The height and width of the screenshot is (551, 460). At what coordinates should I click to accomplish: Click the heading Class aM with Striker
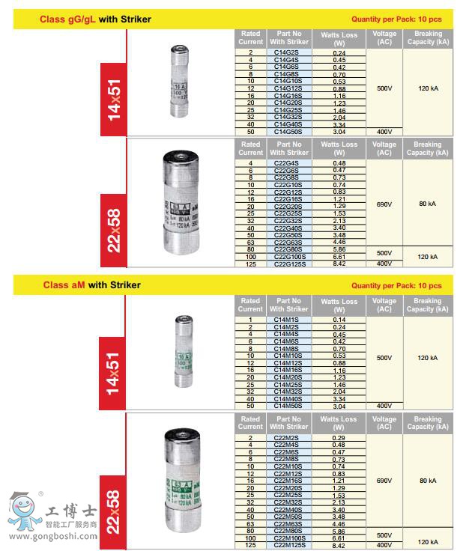point(91,285)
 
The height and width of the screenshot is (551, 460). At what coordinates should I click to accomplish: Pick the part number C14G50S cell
point(288,131)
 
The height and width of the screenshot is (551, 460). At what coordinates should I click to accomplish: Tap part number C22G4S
point(288,163)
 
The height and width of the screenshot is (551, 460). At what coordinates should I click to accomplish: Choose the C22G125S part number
point(288,264)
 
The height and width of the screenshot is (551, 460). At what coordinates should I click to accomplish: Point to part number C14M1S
point(288,320)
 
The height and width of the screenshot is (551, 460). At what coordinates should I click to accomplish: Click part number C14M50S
point(288,406)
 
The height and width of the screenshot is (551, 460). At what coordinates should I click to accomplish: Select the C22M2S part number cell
point(288,437)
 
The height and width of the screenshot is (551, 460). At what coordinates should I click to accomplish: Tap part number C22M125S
point(288,546)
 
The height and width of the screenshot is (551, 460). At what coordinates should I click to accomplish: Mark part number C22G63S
point(288,243)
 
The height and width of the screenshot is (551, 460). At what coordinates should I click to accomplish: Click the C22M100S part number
point(288,538)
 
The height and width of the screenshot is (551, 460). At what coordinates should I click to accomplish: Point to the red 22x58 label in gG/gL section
point(114,228)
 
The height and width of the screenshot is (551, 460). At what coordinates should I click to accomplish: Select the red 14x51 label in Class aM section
point(114,365)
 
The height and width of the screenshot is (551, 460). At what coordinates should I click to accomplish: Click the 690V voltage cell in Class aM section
point(384,481)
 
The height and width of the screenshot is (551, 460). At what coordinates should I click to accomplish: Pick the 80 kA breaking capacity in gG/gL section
point(427,203)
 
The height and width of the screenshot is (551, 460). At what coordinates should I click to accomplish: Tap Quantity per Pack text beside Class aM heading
point(396,286)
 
